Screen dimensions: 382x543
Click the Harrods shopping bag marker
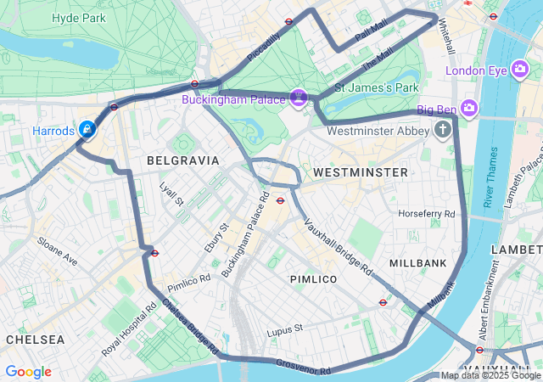[x=87, y=129]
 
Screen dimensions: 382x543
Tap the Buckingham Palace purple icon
[x=299, y=98]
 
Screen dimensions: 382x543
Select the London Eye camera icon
[x=521, y=70]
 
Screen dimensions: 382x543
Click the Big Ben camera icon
[x=469, y=108]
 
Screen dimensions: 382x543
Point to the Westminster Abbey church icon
[x=442, y=130]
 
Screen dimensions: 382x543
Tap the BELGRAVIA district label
[x=182, y=160]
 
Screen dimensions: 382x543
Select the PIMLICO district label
[x=313, y=279]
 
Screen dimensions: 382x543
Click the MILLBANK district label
[x=417, y=263]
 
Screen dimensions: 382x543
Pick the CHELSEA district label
[x=35, y=339]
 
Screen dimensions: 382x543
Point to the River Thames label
[x=490, y=177]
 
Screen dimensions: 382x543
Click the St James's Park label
[x=377, y=87]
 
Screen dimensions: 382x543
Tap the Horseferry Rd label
[x=427, y=213]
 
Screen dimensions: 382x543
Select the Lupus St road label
[x=284, y=329]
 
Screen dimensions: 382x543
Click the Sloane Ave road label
[x=56, y=251]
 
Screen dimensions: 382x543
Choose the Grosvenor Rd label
[x=303, y=367]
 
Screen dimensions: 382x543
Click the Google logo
[x=28, y=372]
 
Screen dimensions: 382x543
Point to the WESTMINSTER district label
[x=360, y=172]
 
